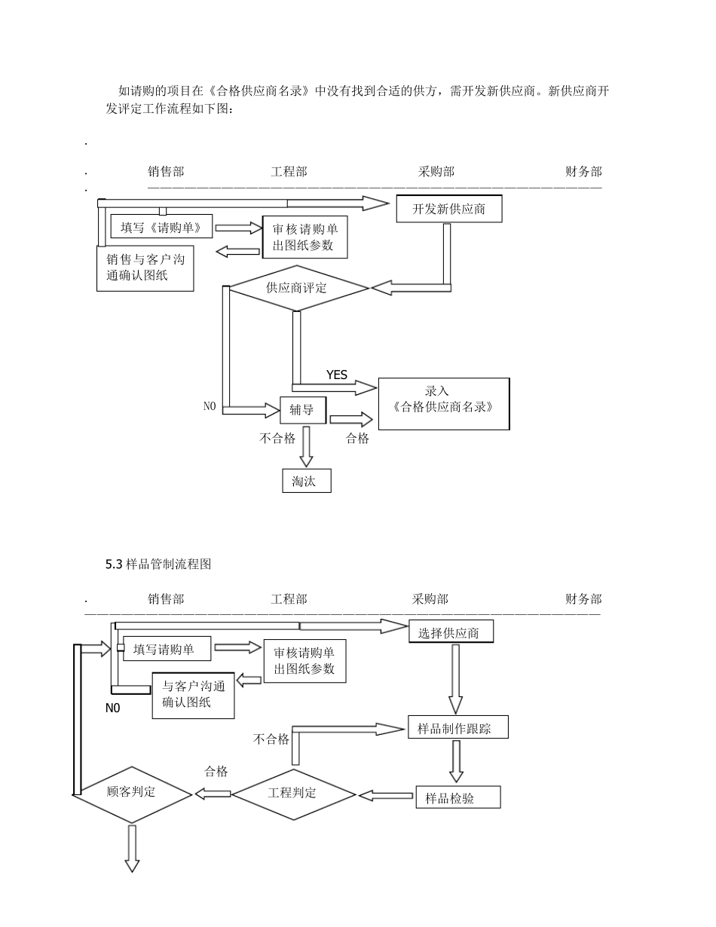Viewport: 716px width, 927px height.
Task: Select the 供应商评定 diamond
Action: pos(299,288)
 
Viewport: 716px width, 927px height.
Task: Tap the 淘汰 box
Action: pos(306,481)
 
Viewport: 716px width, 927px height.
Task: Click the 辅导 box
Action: pos(303,410)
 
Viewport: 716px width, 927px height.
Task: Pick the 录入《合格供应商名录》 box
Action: pos(443,403)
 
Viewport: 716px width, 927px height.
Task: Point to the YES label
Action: pos(337,375)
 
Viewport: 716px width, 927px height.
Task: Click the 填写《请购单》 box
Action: pos(161,226)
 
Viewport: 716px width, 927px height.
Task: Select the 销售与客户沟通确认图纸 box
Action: pos(145,268)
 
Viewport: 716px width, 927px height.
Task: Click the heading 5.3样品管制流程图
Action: pos(158,564)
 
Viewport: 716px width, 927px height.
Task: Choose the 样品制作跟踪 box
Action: pos(457,727)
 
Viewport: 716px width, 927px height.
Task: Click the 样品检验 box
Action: pos(457,797)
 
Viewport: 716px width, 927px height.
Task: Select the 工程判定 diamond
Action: pos(293,794)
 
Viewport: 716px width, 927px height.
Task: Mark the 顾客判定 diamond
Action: pos(132,793)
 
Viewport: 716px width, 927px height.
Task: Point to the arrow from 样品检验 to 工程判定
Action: pos(386,795)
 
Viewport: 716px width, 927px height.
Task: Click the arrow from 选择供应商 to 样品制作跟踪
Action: pos(455,678)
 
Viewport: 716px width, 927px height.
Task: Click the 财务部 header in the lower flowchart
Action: pos(583,599)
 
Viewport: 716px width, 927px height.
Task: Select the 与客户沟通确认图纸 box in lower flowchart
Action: pos(193,695)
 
